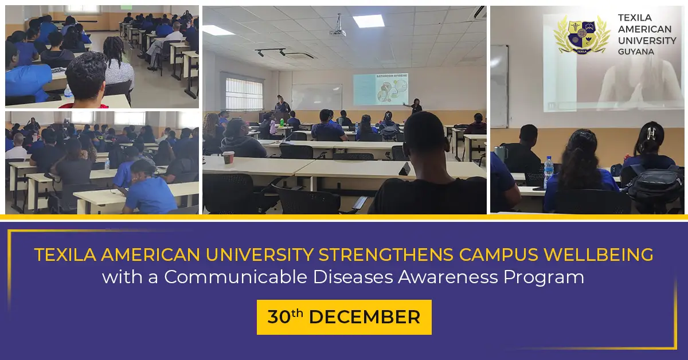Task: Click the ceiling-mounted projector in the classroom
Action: click(x=337, y=31)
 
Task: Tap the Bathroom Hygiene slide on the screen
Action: click(x=380, y=89)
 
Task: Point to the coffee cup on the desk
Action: click(x=228, y=157)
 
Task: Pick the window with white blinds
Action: click(x=244, y=93)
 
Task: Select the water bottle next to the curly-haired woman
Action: click(x=549, y=170)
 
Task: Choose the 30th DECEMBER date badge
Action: click(x=344, y=317)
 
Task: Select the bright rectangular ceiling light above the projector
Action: click(x=369, y=21)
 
